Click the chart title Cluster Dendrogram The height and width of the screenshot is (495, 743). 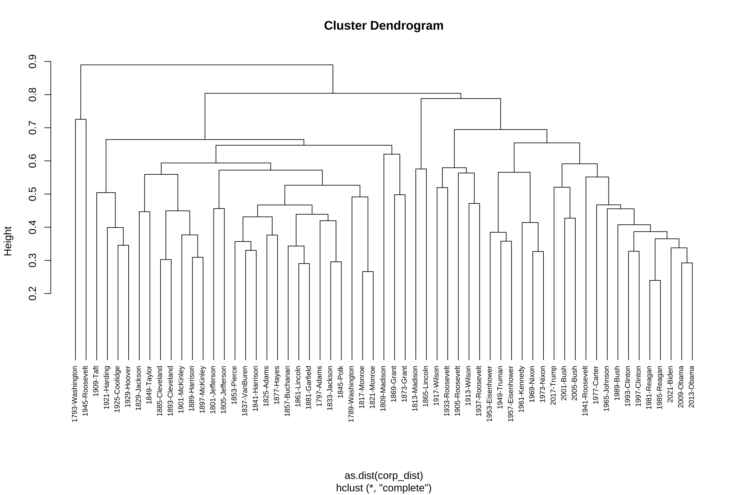coord(383,26)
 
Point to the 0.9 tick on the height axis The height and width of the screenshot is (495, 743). coord(48,61)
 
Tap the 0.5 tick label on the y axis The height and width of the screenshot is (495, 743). coord(33,194)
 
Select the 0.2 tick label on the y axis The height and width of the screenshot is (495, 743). coord(33,294)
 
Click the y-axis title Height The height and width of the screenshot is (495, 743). coord(8,241)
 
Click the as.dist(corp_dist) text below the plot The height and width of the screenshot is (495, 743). coord(383,476)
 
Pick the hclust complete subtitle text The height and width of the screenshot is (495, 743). coord(383,488)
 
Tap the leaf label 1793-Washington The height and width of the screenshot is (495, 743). coord(75,394)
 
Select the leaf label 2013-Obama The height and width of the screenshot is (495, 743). coord(691,387)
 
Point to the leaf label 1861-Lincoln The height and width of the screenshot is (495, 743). coord(298,386)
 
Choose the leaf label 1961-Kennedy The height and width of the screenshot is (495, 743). coord(521,389)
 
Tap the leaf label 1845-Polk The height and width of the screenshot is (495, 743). coord(341,382)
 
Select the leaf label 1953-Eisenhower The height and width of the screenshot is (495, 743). coord(490,393)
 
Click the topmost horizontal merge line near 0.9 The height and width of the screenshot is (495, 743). coord(206,65)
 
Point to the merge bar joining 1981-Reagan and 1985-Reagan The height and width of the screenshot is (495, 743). coord(655,280)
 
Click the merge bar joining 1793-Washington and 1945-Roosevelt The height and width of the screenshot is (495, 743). coord(81,120)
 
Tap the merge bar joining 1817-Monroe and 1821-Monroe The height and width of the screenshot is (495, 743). coord(368,272)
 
